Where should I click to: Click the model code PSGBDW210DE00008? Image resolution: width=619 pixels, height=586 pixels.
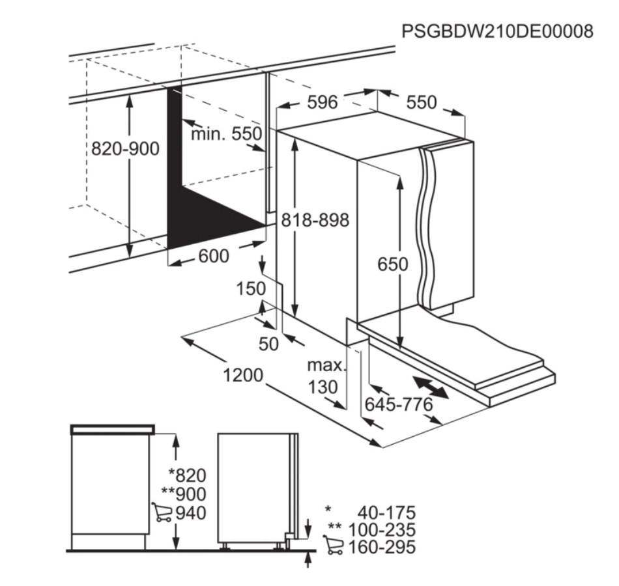click(497, 31)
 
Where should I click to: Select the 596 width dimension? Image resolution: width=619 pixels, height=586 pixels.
click(323, 102)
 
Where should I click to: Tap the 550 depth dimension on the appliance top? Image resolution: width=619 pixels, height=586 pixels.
click(422, 102)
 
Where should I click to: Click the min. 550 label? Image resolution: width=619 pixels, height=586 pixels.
click(227, 133)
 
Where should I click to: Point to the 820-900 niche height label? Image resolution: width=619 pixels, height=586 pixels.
click(125, 148)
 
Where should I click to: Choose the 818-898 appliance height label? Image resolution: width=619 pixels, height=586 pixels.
click(315, 220)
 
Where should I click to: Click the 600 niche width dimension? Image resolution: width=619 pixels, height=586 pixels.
click(214, 256)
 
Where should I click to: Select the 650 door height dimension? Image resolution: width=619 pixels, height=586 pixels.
click(393, 264)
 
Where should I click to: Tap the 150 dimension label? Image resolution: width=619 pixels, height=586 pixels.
click(251, 288)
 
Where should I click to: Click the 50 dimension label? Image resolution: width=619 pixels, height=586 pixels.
click(269, 344)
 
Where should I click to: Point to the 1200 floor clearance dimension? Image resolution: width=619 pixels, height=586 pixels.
click(243, 375)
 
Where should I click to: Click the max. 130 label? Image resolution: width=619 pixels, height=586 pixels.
click(326, 376)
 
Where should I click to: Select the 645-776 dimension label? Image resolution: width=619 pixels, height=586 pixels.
click(399, 404)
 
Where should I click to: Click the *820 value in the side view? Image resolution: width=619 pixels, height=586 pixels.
click(187, 475)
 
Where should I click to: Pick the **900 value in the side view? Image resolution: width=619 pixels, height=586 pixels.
click(184, 494)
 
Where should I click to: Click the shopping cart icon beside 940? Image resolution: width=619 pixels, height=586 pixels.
click(162, 512)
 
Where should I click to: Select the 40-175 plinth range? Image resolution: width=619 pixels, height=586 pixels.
click(387, 512)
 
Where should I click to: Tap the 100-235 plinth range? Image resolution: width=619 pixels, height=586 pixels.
click(382, 529)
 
